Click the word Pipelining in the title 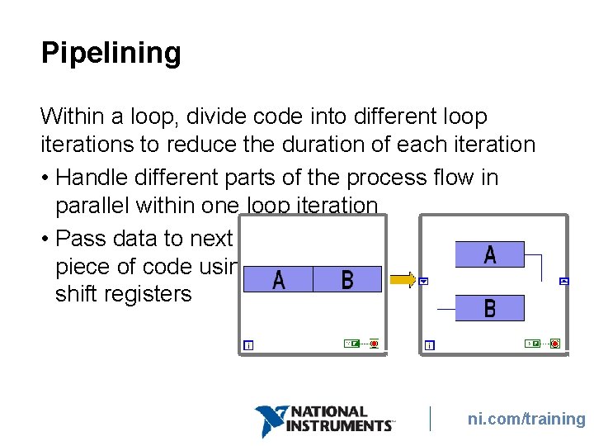coord(111,54)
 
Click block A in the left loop coord(279,280)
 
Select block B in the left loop coord(347,280)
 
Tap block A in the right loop coord(490,254)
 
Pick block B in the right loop coord(490,308)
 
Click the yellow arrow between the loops coord(403,281)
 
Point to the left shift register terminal coord(423,282)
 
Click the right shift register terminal coord(564,282)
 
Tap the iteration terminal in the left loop coord(248,345)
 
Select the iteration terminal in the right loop coord(429,345)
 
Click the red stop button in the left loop coord(374,343)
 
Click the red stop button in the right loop coord(554,344)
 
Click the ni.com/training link coord(526,419)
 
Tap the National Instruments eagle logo coord(270,420)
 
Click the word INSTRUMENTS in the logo coord(337,425)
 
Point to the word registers coord(150,294)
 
